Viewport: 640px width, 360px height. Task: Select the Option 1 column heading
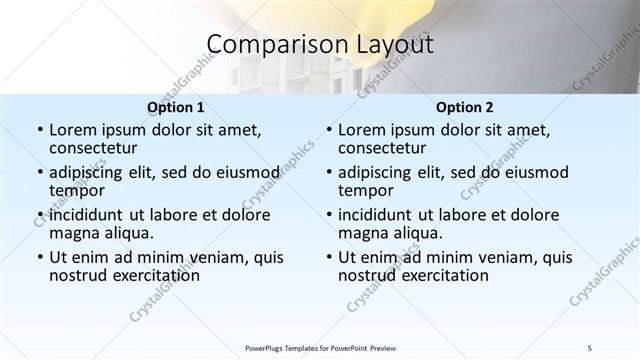coord(175,107)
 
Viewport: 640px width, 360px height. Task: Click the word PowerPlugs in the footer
coord(267,347)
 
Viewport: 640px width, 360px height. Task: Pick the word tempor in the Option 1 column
coord(77,191)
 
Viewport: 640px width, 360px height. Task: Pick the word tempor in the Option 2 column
coord(366,191)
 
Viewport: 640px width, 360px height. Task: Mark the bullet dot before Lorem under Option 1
coord(39,131)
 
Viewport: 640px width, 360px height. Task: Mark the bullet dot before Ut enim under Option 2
coord(328,257)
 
